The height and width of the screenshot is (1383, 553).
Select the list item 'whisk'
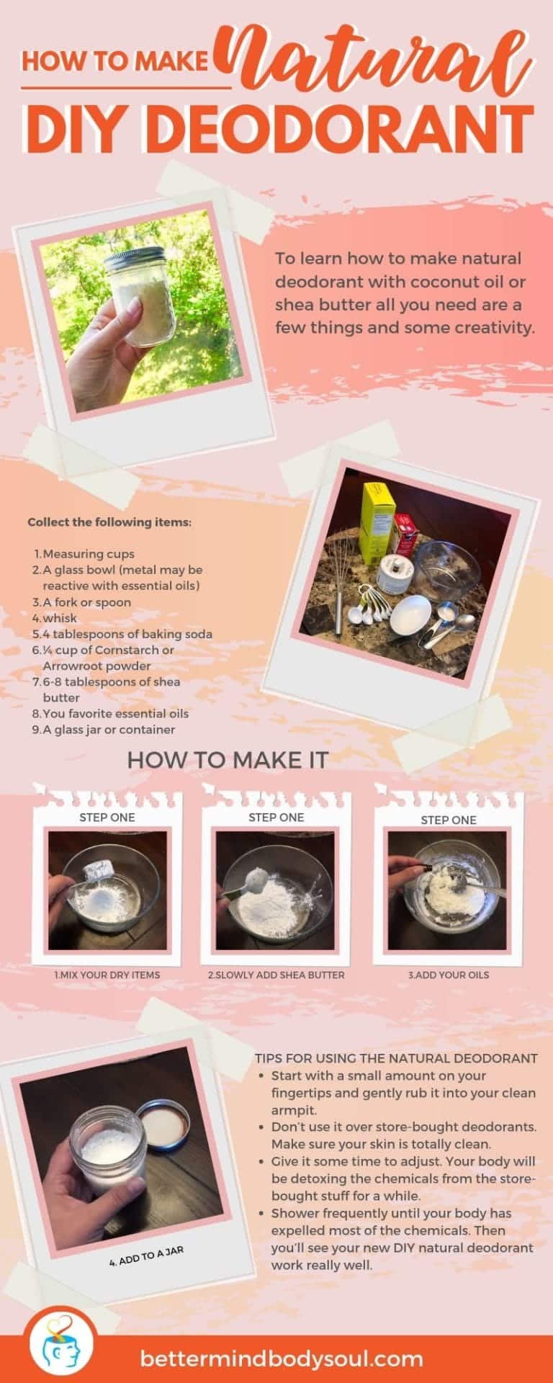click(59, 618)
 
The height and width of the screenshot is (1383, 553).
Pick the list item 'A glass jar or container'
click(108, 729)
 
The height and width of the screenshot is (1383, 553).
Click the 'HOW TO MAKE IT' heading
click(228, 759)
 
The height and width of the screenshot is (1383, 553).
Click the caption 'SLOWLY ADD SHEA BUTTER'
click(276, 975)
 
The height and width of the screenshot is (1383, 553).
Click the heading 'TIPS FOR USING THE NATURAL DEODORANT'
click(396, 1058)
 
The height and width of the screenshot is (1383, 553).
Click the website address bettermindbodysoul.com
click(282, 1359)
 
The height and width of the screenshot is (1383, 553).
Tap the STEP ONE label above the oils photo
click(448, 820)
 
